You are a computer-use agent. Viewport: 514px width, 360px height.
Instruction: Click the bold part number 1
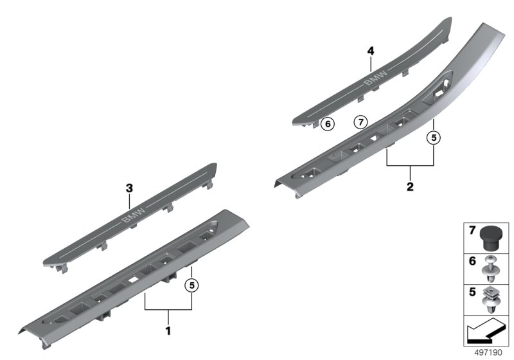click(x=168, y=331)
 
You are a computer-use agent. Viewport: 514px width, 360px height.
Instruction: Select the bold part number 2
click(x=410, y=187)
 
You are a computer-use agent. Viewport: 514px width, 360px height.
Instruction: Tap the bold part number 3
click(x=130, y=188)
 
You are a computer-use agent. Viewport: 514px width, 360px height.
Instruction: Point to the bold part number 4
click(x=371, y=51)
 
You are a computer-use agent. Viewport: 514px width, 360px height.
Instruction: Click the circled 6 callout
click(x=328, y=124)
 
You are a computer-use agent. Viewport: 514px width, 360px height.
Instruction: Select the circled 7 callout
click(x=361, y=122)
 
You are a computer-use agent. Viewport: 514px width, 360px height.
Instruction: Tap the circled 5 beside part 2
click(x=434, y=138)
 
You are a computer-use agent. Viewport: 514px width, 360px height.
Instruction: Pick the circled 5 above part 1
click(x=191, y=285)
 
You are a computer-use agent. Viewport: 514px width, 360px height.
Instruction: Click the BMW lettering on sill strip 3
click(x=133, y=215)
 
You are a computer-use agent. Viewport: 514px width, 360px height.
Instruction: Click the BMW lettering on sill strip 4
click(x=376, y=77)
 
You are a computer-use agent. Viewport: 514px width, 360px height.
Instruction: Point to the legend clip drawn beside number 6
click(x=491, y=269)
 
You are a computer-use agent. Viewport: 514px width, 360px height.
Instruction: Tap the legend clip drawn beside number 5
click(x=491, y=300)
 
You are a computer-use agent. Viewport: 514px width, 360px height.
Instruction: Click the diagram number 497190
click(x=488, y=352)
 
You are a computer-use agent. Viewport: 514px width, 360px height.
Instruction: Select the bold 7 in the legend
click(x=472, y=231)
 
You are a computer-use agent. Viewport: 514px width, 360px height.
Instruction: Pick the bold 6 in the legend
click(x=472, y=261)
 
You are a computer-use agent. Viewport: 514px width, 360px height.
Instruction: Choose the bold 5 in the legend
click(x=472, y=292)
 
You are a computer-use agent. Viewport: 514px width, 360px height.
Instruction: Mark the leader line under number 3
click(x=130, y=201)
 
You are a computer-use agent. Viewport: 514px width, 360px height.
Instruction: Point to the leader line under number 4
click(x=371, y=64)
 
